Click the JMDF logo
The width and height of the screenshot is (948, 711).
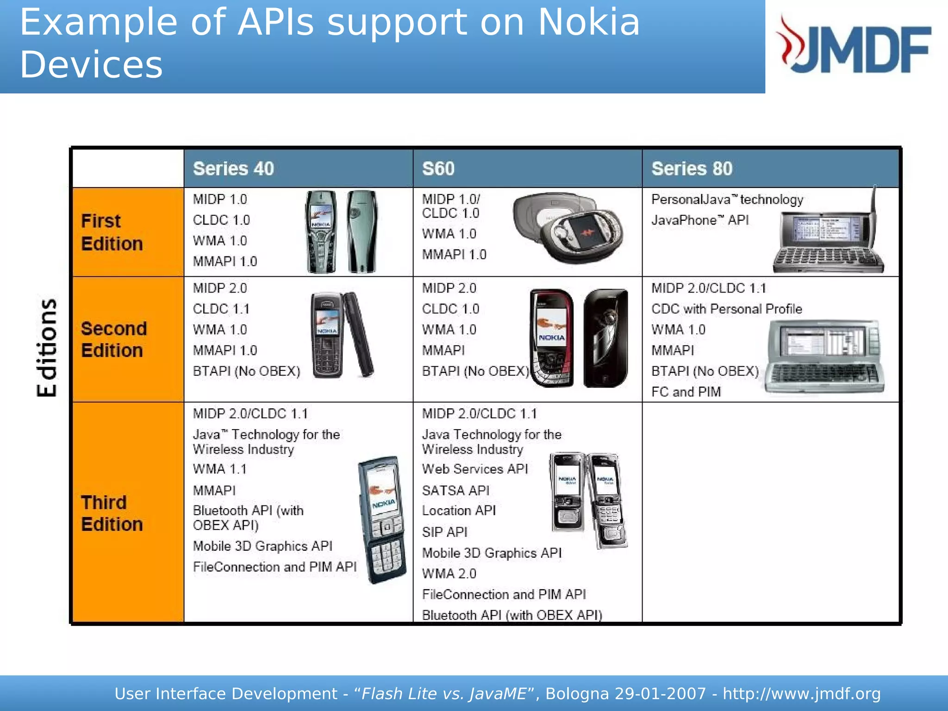tap(854, 46)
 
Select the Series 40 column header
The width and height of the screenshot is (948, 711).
tap(233, 168)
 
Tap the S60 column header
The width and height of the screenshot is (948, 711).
tap(438, 168)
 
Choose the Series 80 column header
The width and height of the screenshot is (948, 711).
tap(692, 168)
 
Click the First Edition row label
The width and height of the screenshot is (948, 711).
tap(112, 232)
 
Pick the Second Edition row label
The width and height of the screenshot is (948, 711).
tap(114, 339)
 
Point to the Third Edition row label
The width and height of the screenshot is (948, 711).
tap(112, 513)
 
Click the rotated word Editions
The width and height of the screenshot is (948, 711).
tap(47, 348)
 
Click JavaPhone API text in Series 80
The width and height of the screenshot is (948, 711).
tap(699, 220)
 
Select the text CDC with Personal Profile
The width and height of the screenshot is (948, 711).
tap(726, 309)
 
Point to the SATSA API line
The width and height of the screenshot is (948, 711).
tap(455, 490)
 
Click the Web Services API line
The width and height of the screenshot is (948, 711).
tap(475, 469)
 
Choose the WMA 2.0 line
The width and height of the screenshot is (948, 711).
tap(449, 574)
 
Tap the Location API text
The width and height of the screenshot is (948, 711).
tap(459, 511)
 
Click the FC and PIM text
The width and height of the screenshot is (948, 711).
tap(686, 392)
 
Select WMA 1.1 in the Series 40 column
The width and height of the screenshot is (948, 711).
tap(219, 469)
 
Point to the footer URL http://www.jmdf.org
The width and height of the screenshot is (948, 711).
tap(801, 693)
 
